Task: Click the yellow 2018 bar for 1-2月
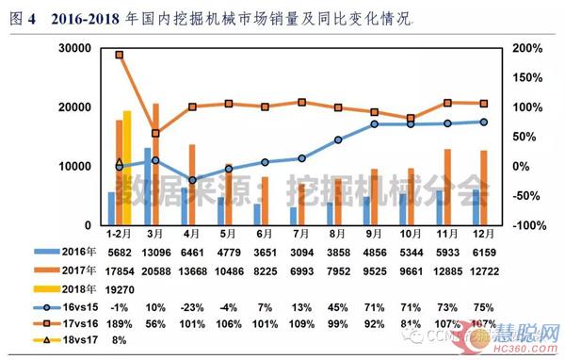tap(126, 168)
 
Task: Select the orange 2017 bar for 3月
tap(155, 164)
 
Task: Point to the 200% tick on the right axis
tap(529, 48)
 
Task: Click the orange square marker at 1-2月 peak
tap(119, 55)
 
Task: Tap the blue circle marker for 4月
tap(192, 180)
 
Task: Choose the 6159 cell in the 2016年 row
tap(482, 252)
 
